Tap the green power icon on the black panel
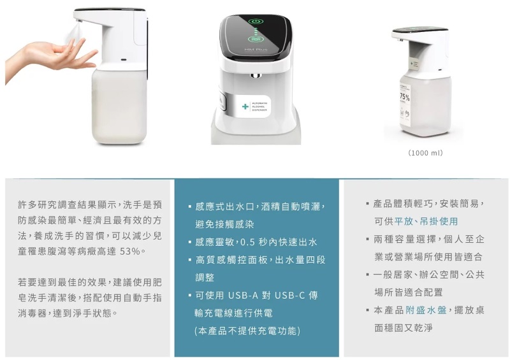(x=256, y=21)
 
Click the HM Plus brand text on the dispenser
(x=256, y=50)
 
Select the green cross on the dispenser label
(x=245, y=106)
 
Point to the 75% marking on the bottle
(x=405, y=97)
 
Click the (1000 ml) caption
(x=425, y=153)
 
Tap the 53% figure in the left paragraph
(x=130, y=252)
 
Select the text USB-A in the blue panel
(x=243, y=295)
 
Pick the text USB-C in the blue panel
(x=290, y=295)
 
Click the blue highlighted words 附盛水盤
(x=426, y=310)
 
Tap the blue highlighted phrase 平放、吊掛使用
(x=426, y=222)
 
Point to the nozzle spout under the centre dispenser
(x=256, y=76)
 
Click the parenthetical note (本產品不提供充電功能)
(x=247, y=331)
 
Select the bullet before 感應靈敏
(x=189, y=242)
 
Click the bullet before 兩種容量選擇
(x=368, y=240)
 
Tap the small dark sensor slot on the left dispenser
(x=123, y=60)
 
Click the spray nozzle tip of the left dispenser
(x=78, y=22)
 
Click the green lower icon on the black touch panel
(x=256, y=39)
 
